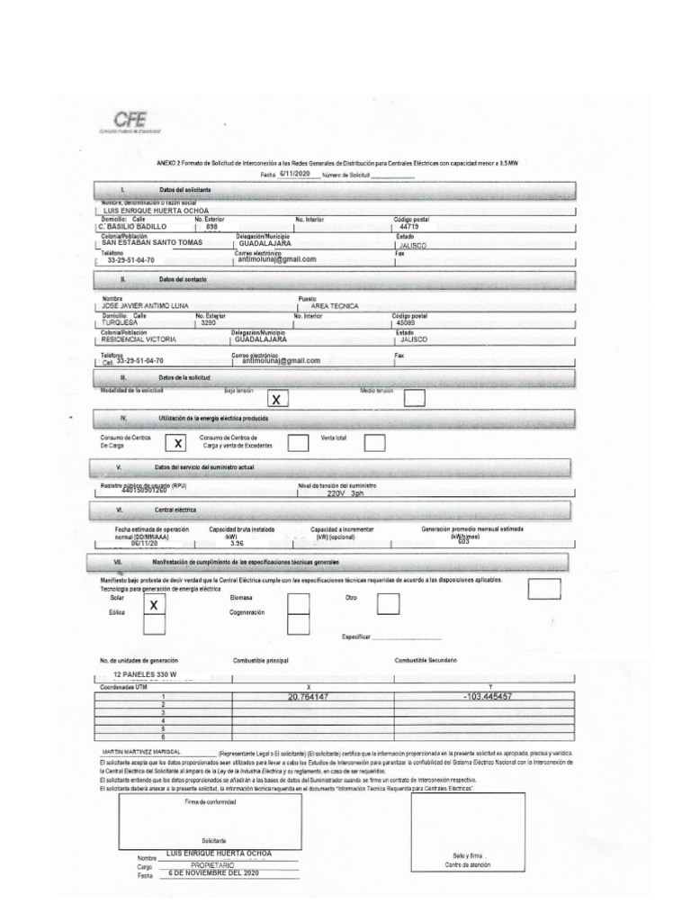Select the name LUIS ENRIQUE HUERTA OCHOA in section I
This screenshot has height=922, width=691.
(157, 210)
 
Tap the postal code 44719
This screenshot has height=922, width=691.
(408, 227)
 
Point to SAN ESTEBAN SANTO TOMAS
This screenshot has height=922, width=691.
(152, 243)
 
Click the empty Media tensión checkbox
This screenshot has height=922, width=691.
(415, 398)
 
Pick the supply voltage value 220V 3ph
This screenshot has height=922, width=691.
(345, 494)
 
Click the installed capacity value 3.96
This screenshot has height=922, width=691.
(238, 545)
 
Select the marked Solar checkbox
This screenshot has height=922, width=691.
(155, 605)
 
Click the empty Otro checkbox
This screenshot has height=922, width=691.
(389, 604)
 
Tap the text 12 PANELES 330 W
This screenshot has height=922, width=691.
(146, 674)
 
